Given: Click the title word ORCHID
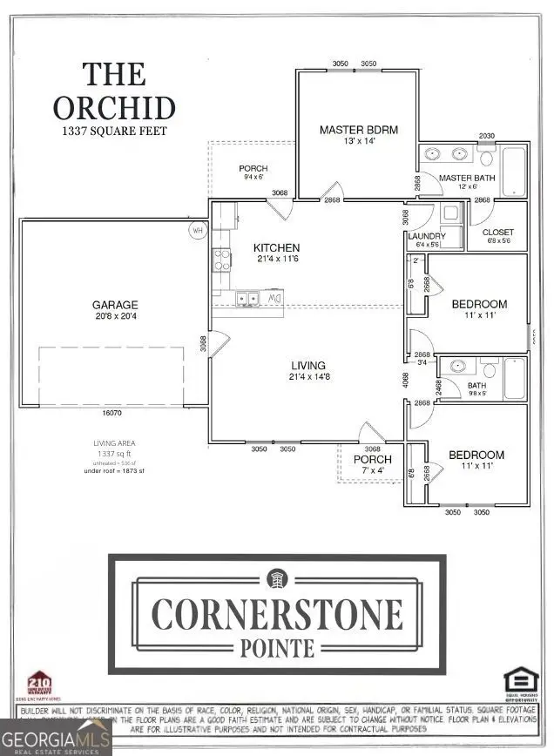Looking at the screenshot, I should [114, 107].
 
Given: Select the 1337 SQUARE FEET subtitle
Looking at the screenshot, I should [114, 132].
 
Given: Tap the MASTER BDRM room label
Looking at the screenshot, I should [358, 130].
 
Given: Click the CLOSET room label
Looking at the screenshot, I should [498, 232].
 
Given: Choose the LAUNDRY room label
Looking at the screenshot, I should [427, 236].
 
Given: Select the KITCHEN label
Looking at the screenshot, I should [276, 248].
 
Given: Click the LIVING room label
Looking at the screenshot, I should [308, 365].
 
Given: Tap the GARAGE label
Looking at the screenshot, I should [116, 305].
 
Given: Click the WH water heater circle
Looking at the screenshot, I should [199, 231].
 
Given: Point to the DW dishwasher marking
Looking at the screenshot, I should [275, 299].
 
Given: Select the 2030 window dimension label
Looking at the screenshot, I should [488, 136].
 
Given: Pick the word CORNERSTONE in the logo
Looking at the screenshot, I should [277, 613].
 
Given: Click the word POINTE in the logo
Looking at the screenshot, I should [277, 646].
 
